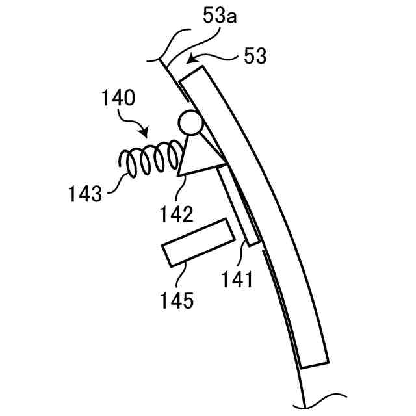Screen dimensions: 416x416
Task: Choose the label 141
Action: click(236, 279)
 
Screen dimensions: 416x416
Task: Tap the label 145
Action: click(177, 300)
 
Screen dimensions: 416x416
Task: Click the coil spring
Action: click(149, 161)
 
